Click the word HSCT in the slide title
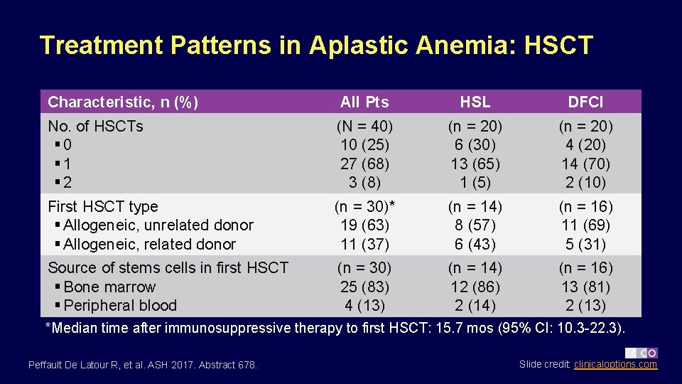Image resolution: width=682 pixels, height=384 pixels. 558,46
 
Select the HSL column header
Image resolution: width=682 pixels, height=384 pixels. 475,102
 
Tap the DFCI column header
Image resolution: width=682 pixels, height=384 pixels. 585,102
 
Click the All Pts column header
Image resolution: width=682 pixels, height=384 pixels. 364,102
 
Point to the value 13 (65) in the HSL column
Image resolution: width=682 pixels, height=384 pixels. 475,164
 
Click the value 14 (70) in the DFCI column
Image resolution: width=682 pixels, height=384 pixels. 585,164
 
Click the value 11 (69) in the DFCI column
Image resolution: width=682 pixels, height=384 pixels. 585,225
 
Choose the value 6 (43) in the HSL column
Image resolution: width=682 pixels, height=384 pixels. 475,244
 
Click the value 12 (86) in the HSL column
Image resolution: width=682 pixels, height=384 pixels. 475,287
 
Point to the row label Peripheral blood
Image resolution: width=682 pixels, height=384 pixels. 120,306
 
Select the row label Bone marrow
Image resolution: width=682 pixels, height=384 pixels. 109,287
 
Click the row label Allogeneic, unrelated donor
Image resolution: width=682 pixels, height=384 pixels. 158,225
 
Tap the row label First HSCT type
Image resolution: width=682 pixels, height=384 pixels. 103,207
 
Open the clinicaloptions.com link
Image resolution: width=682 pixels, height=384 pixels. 615,365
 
